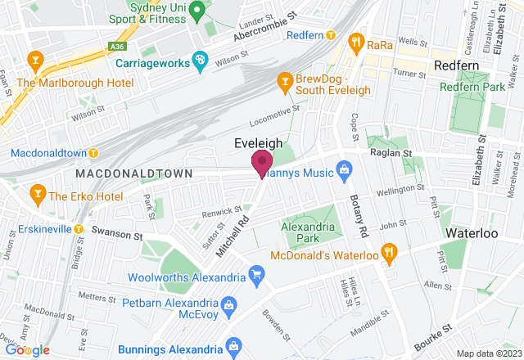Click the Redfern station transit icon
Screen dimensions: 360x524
click(x=331, y=35)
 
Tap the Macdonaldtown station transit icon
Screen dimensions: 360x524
click(x=94, y=152)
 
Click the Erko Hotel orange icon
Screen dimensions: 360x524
click(x=37, y=195)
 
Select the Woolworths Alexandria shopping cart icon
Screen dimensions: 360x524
click(x=257, y=273)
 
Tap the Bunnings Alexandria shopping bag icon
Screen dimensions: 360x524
click(x=233, y=344)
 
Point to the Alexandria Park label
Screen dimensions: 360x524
click(x=309, y=232)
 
